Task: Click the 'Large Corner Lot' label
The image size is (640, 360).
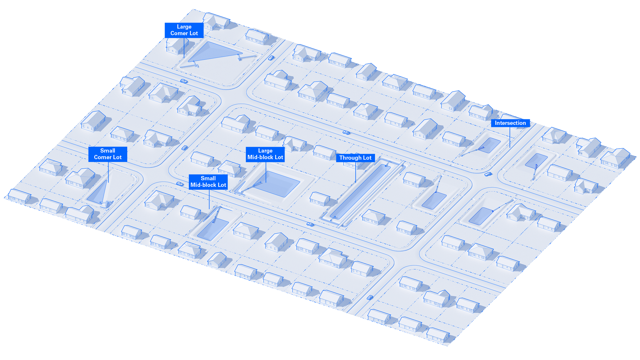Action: point(184,30)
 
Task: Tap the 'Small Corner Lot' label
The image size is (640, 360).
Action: point(107,154)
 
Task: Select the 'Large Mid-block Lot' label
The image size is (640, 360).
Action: point(265,154)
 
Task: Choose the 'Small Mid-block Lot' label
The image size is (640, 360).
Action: point(208,182)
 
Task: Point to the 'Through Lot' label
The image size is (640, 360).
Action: point(355,158)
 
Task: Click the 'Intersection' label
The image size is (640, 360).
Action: point(510,123)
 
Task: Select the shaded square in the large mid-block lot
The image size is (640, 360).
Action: point(277,184)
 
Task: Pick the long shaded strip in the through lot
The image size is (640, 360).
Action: point(360,192)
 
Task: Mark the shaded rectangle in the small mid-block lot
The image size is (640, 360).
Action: point(213,229)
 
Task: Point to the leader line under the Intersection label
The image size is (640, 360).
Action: point(510,137)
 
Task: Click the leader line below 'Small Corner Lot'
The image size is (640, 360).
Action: point(108,172)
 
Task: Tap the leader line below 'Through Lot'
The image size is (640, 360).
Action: point(355,172)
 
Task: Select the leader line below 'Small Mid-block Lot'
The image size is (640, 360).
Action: point(209,199)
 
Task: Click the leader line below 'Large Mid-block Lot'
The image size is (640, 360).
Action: point(266,172)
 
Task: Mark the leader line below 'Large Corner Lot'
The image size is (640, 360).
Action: point(184,48)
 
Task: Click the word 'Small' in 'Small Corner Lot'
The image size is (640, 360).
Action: point(107,151)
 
